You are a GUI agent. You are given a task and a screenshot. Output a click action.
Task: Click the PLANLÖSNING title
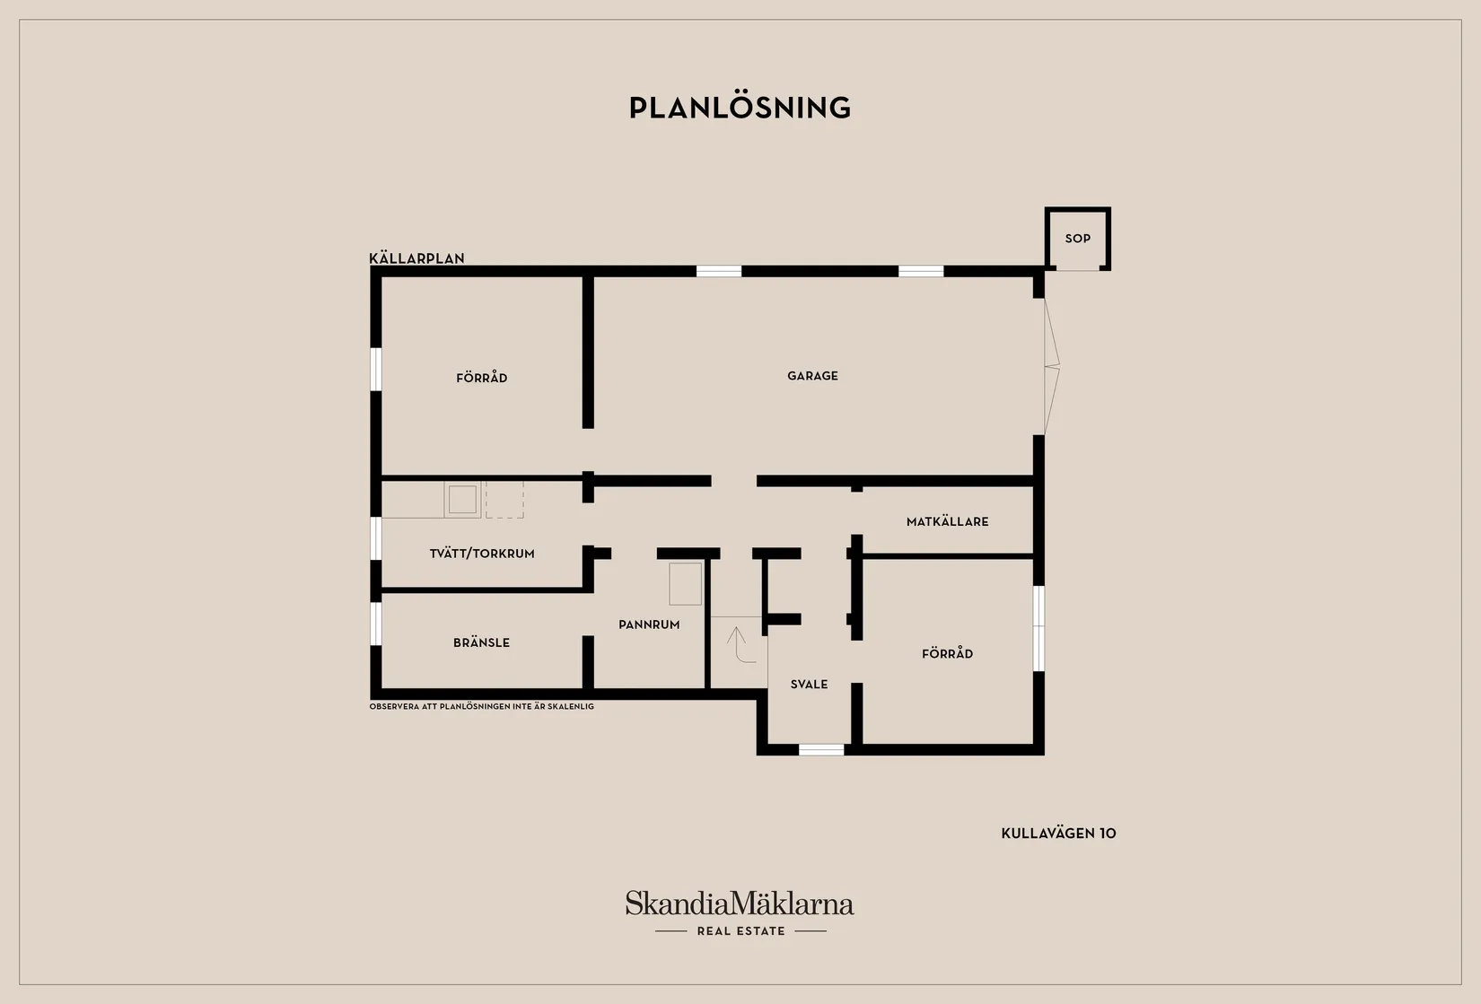point(740,108)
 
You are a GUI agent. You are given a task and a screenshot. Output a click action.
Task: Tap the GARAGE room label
point(812,376)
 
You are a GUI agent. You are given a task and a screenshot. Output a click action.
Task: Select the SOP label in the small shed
point(1078,239)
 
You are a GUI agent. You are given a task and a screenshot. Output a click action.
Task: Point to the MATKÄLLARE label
point(948,521)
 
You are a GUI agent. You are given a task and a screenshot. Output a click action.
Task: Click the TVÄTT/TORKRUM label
point(482,554)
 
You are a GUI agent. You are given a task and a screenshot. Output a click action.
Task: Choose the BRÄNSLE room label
point(481,642)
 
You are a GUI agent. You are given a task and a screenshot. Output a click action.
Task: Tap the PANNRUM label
point(649,624)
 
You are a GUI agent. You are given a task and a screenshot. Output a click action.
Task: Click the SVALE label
point(810,684)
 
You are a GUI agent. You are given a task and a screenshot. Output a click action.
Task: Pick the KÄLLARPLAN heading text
point(416,258)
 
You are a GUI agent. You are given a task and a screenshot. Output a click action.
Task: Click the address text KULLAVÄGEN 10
point(1058,834)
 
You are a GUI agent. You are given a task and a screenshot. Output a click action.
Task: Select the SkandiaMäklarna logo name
point(740,903)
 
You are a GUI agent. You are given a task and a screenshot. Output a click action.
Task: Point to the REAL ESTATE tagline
point(741,931)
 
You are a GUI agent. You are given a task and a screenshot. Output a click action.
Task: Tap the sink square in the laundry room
point(463,500)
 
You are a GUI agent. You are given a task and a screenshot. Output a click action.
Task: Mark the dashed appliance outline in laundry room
point(504,500)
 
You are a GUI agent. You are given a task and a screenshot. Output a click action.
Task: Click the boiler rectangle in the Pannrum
point(685,583)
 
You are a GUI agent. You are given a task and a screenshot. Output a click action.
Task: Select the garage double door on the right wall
point(1052,366)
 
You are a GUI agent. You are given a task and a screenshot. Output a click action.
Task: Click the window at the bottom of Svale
point(821,749)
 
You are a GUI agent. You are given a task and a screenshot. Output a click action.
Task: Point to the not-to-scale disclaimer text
point(481,706)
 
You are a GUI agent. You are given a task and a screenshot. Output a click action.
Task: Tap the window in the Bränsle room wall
point(375,624)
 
